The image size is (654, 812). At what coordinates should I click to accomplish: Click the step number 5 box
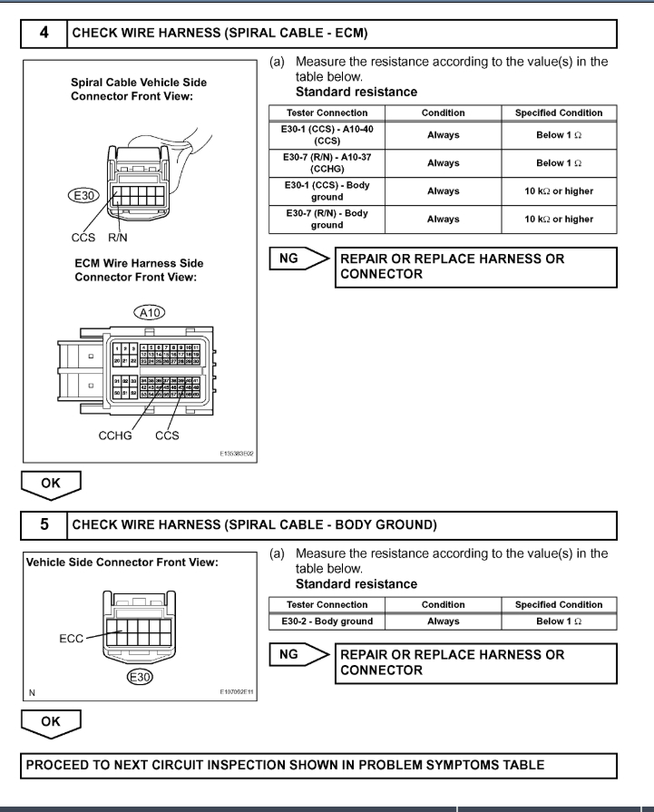44,523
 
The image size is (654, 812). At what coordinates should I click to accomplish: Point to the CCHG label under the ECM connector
116,435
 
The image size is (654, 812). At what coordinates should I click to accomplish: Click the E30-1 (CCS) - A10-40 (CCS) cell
327,135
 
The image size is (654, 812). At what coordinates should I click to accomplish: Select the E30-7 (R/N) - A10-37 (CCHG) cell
327,163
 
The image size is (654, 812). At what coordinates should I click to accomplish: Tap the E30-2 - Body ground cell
327,621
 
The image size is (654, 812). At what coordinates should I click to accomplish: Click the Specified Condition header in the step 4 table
558,113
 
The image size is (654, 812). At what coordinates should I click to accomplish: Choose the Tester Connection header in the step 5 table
327,604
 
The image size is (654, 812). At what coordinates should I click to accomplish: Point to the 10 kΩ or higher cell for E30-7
558,219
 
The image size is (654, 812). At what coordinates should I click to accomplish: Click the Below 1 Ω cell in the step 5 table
558,621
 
